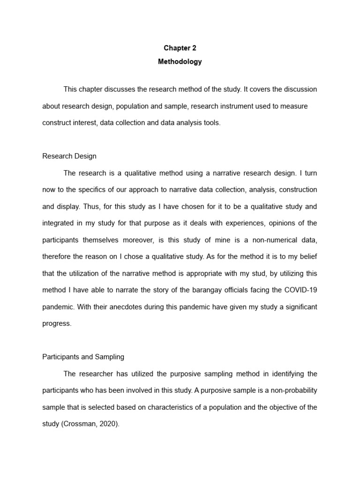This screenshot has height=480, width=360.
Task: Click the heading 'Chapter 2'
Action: tap(180, 48)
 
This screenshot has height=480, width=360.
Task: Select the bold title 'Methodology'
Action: tap(180, 61)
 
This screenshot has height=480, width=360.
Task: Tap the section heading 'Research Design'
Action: tap(69, 156)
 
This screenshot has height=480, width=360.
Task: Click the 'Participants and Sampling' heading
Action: tap(83, 357)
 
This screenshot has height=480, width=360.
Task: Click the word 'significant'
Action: tap(298, 307)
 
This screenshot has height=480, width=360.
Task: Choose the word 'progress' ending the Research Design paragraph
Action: tap(56, 323)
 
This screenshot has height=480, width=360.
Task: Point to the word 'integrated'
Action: tap(59, 223)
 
